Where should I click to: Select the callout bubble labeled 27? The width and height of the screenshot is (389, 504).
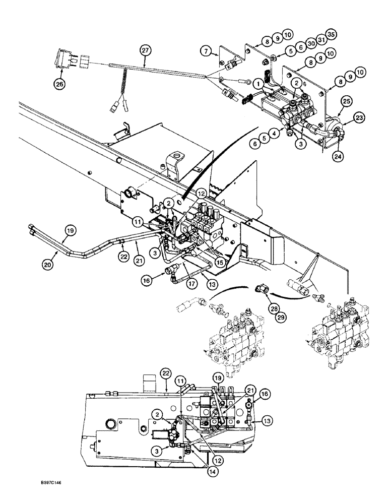(145, 50)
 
